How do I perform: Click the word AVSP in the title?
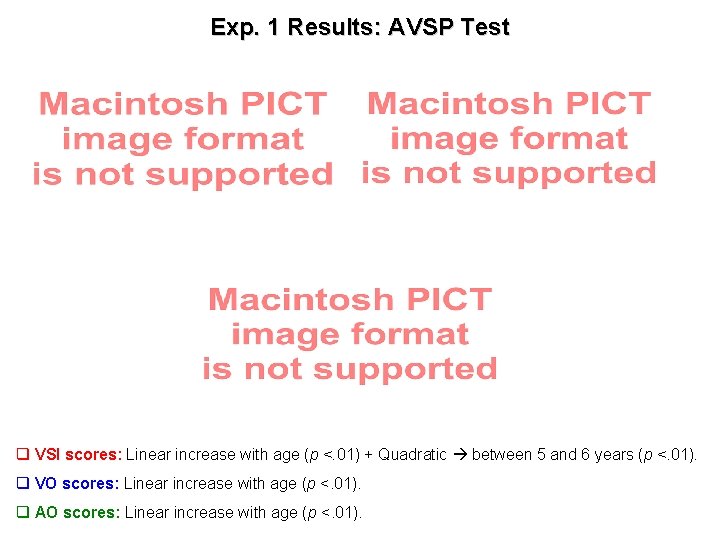pos(419,28)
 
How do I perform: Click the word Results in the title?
pos(329,28)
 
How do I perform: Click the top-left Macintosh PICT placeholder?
pos(182,139)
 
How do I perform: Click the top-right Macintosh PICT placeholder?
pos(509,138)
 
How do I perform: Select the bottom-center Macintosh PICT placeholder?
pos(350,334)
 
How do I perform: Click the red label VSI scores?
pos(78,455)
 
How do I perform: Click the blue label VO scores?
pos(76,484)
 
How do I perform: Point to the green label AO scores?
pos(76,513)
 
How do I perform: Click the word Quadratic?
pos(412,455)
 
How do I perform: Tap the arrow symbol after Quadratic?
pos(460,455)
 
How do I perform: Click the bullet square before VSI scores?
pos(22,455)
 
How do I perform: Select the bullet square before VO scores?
pos(22,484)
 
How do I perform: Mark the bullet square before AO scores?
pos(22,513)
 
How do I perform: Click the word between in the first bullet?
pos(501,455)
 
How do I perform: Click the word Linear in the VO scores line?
pos(145,484)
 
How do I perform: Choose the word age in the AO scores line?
pos(281,513)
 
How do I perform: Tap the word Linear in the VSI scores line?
pos(148,455)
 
